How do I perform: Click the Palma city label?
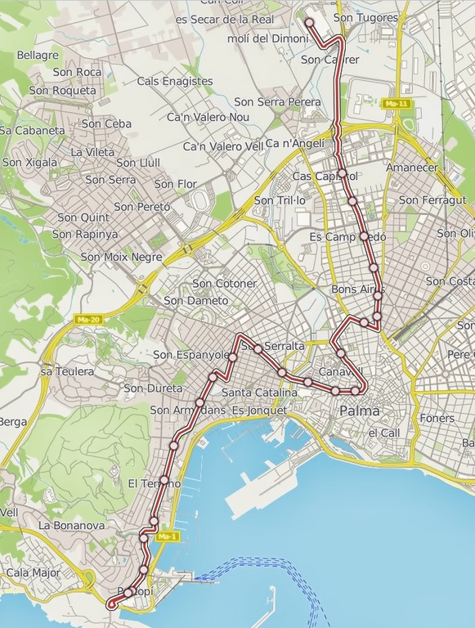360,410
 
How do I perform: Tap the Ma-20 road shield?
85,319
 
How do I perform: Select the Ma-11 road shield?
395,104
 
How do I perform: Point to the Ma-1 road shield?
166,536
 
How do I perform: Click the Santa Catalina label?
253,392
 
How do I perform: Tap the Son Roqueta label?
63,91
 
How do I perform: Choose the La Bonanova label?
71,526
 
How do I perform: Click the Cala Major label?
34,572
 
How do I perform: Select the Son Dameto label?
196,300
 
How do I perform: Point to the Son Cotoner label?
224,284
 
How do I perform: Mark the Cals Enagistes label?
175,81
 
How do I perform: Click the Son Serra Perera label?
277,102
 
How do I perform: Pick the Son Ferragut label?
432,200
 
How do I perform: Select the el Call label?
383,433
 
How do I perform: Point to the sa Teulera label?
67,371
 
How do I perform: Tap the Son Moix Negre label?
121,257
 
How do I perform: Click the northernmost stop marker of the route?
310,23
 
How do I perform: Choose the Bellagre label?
38,55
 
